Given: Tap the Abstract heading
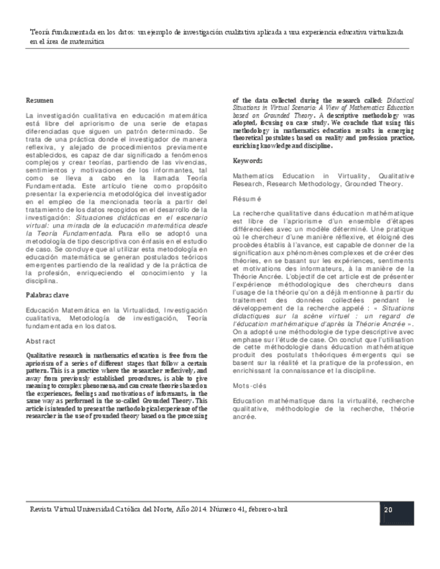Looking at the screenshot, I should coord(41,342).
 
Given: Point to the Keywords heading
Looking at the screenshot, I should coord(248,161).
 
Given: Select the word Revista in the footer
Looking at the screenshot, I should coord(34,509).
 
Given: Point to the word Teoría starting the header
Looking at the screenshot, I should coord(42,31).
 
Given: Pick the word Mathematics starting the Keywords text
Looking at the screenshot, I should coord(253,175).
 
